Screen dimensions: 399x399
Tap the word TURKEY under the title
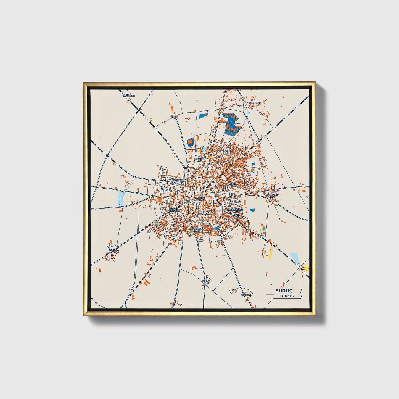coord(287,296)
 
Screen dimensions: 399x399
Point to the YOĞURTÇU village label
coord(129,96)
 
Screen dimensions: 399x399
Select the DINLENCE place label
coord(255,102)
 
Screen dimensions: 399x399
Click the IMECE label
coord(175,117)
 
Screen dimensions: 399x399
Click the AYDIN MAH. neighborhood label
coord(234,184)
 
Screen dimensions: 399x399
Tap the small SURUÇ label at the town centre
coord(202,198)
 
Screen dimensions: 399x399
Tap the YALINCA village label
coord(113,250)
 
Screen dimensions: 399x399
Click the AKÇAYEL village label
coord(246,295)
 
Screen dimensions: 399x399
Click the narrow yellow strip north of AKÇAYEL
coord(271,253)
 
